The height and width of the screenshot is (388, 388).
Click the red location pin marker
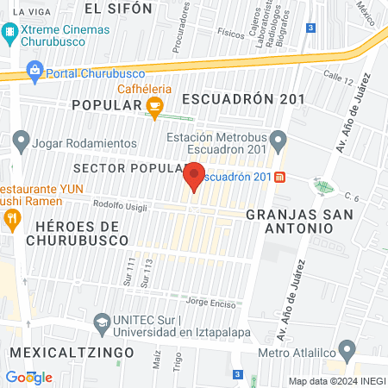(194, 176)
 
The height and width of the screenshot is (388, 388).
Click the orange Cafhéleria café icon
(155, 108)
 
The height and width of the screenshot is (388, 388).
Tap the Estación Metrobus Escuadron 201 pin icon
(278, 139)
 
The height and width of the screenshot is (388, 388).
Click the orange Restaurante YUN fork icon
(11, 219)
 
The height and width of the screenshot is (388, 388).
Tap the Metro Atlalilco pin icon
(347, 351)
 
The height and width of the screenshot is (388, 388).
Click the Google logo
(28, 377)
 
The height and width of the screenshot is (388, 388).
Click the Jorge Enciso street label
(210, 302)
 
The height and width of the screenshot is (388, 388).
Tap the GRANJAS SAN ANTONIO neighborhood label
(289, 220)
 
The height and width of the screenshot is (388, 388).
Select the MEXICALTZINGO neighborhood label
(72, 353)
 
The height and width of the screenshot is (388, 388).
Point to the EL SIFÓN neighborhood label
(118, 8)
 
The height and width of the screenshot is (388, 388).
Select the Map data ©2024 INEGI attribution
(337, 381)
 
